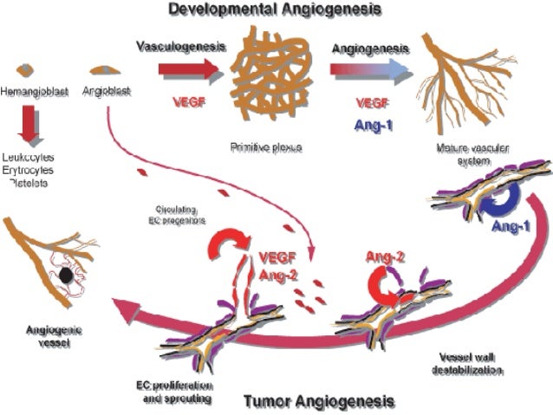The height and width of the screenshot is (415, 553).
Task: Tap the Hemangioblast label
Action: pyautogui.click(x=34, y=89)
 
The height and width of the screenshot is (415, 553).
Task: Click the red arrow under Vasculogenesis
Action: pyautogui.click(x=188, y=69)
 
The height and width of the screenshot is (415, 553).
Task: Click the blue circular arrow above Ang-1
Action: pyautogui.click(x=499, y=201)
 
